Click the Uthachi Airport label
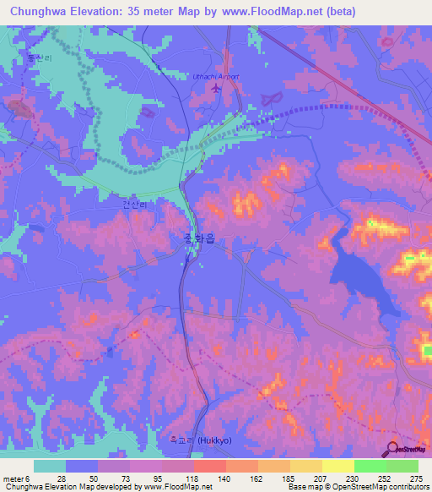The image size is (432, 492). pyautogui.click(x=217, y=76)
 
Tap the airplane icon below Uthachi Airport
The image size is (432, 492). pyautogui.click(x=217, y=87)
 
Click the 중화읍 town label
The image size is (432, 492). pyautogui.click(x=198, y=239)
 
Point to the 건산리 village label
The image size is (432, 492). pyautogui.click(x=134, y=205)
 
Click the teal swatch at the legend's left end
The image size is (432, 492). pyautogui.click(x=50, y=466)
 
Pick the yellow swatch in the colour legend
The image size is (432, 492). pyautogui.click(x=337, y=466)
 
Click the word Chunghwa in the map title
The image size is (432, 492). pyautogui.click(x=38, y=12)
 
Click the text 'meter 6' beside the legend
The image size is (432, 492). pyautogui.click(x=15, y=478)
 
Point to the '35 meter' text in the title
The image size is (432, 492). pyautogui.click(x=159, y=12)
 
